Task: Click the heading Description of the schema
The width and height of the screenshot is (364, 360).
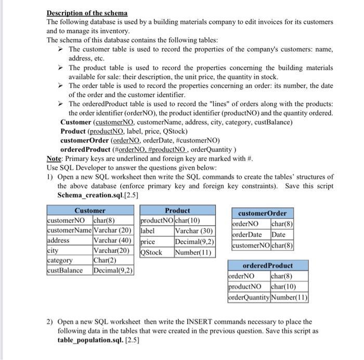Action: click(87, 12)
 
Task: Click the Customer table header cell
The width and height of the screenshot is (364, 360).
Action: click(90, 211)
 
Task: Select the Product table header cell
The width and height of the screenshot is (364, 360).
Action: click(177, 211)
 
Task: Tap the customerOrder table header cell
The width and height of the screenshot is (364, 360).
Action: click(262, 213)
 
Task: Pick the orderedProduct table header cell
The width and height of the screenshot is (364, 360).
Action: click(268, 265)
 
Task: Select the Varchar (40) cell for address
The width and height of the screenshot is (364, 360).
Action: click(112, 240)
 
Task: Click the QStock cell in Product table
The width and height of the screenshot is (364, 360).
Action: click(152, 252)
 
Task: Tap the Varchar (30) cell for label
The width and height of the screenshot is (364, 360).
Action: click(193, 231)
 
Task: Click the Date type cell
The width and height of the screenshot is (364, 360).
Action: click(279, 235)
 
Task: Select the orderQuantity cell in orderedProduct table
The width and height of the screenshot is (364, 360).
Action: click(249, 298)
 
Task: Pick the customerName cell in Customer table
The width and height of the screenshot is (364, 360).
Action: click(69, 230)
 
